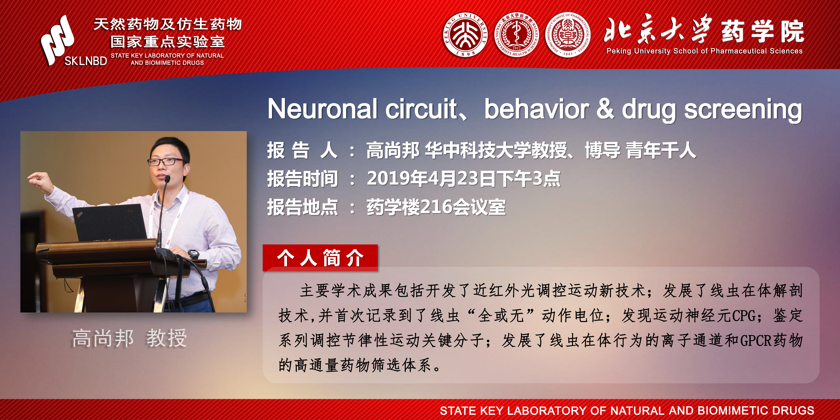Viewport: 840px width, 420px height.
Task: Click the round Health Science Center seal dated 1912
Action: pos(516,35)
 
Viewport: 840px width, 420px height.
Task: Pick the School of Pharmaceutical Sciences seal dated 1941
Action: pos(568,35)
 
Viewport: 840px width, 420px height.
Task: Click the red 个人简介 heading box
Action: pos(320,258)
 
